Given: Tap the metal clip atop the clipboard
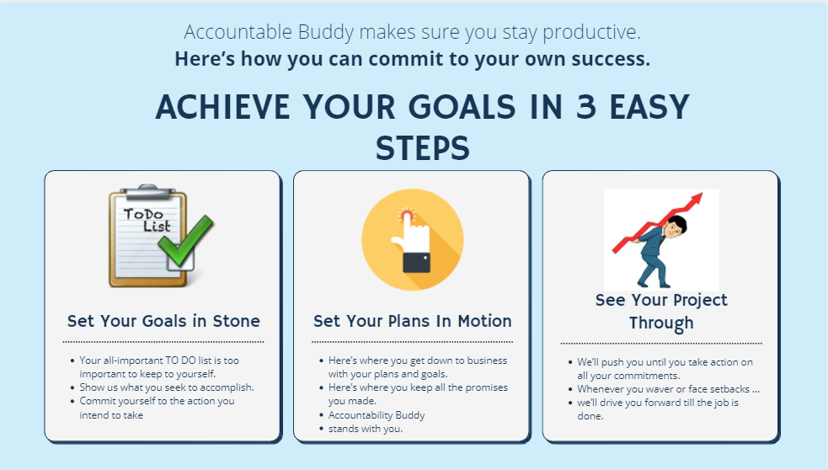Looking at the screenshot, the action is pyautogui.click(x=147, y=191).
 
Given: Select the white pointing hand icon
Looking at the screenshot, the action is pyautogui.click(x=411, y=236).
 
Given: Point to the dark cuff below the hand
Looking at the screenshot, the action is pyautogui.click(x=416, y=263).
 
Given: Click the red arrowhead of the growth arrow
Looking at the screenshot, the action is pyautogui.click(x=695, y=200).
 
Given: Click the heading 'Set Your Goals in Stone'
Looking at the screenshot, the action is pyautogui.click(x=163, y=321).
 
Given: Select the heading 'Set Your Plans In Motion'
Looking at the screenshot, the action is pyautogui.click(x=413, y=321).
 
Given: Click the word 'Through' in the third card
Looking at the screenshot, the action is pyautogui.click(x=661, y=323).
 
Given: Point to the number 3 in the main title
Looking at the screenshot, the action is pyautogui.click(x=586, y=107).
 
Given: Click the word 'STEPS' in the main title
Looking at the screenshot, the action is pyautogui.click(x=423, y=148).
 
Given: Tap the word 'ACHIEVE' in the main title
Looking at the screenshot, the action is pyautogui.click(x=222, y=107).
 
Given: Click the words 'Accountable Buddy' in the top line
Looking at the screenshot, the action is pyautogui.click(x=269, y=32).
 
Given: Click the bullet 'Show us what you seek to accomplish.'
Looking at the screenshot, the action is pyautogui.click(x=166, y=387).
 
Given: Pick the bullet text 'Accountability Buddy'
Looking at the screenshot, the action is pyautogui.click(x=377, y=415).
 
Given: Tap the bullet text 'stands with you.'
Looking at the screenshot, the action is pyautogui.click(x=366, y=429).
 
